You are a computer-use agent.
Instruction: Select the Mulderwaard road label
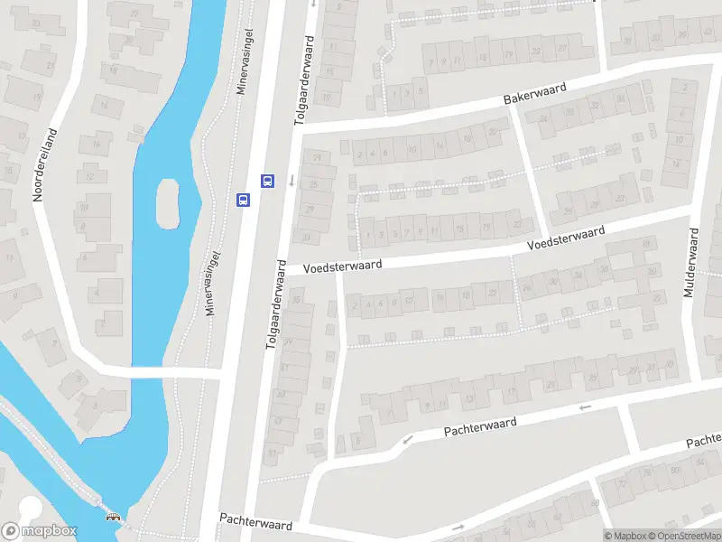coord(692,264)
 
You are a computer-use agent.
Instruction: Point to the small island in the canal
coord(167,203)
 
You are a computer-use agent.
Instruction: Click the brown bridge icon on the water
coord(113,518)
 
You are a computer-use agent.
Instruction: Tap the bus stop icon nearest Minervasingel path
coord(243,200)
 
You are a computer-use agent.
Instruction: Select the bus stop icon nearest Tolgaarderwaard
coord(267,181)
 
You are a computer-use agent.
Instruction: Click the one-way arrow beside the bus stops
coord(292,180)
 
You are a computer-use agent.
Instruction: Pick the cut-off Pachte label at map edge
coord(703,442)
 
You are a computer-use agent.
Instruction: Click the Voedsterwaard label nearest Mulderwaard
coord(566,238)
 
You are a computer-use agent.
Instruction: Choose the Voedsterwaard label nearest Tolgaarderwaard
coord(342,266)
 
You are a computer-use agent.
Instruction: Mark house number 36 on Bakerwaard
coord(621,98)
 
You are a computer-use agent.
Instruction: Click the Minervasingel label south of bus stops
coord(213,282)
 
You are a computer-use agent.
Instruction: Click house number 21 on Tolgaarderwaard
coord(317,158)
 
